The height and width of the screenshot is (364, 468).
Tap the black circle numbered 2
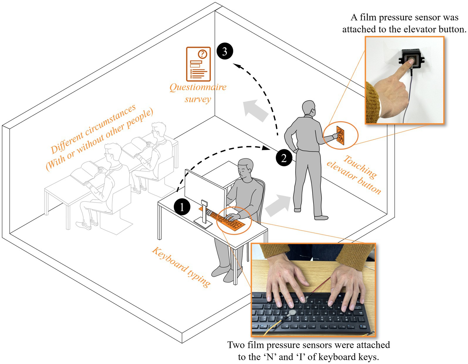click(x=284, y=158)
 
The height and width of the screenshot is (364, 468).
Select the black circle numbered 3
click(x=225, y=51)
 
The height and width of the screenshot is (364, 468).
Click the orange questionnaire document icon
click(x=198, y=64)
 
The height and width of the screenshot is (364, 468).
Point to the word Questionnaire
click(x=198, y=87)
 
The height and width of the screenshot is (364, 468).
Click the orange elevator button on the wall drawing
click(x=340, y=135)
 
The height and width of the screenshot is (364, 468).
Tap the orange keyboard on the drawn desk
click(x=227, y=220)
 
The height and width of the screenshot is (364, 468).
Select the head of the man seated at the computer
click(x=246, y=168)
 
